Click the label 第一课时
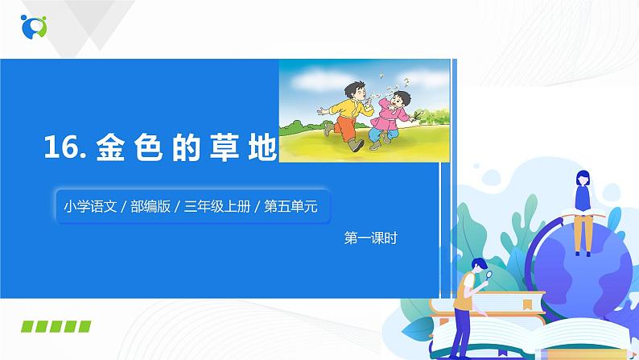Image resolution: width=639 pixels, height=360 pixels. [x=371, y=238]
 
